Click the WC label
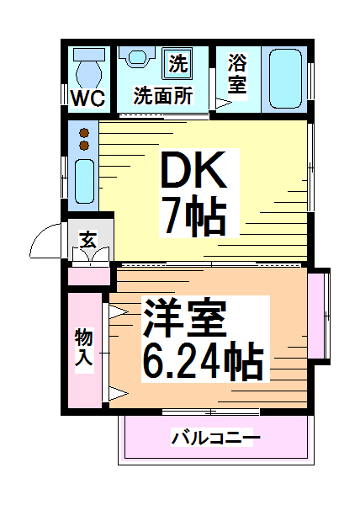[87, 98]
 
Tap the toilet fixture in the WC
[87, 63]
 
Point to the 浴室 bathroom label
[238, 73]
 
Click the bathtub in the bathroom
[287, 79]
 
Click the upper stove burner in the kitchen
[83, 132]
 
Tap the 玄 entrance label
[87, 240]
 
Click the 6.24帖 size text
[201, 363]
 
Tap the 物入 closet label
[83, 348]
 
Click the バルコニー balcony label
[216, 439]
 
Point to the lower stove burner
[83, 146]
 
